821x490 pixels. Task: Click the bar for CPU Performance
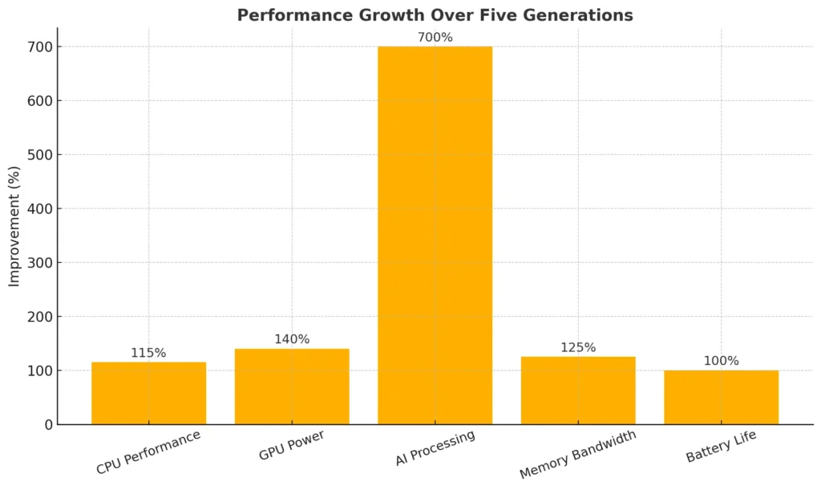(148, 393)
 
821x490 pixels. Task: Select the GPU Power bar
(292, 387)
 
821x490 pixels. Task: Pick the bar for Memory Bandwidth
(578, 391)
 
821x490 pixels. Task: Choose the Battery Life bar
(721, 397)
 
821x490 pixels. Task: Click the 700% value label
(435, 37)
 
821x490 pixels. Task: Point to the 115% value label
(148, 353)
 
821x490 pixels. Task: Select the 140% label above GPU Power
(292, 339)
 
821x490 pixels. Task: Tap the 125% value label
(578, 347)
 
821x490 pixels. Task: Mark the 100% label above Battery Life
(721, 361)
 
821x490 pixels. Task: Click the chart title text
(435, 15)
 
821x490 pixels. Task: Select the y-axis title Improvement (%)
(14, 225)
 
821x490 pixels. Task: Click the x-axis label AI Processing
(435, 447)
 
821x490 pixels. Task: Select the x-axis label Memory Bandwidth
(577, 454)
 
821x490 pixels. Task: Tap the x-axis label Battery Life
(721, 446)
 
